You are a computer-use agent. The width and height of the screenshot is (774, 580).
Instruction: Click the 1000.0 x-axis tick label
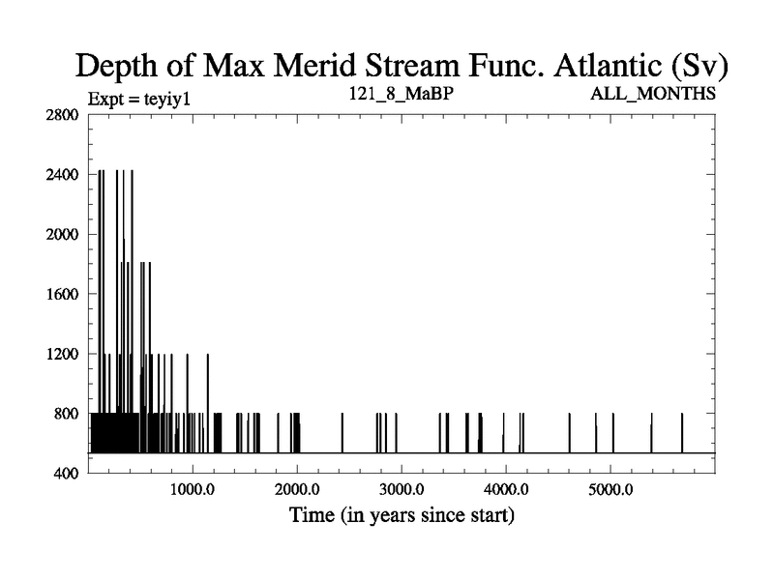pos(193,489)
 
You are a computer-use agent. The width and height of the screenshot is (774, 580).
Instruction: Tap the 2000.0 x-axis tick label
pos(298,489)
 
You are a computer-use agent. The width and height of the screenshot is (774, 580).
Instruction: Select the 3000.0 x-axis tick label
pos(402,489)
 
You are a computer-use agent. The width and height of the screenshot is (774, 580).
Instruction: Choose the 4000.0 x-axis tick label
pos(507,489)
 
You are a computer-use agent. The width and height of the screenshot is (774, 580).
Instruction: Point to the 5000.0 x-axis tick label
pos(611,489)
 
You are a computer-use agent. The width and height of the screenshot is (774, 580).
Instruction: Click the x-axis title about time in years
pos(402,515)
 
